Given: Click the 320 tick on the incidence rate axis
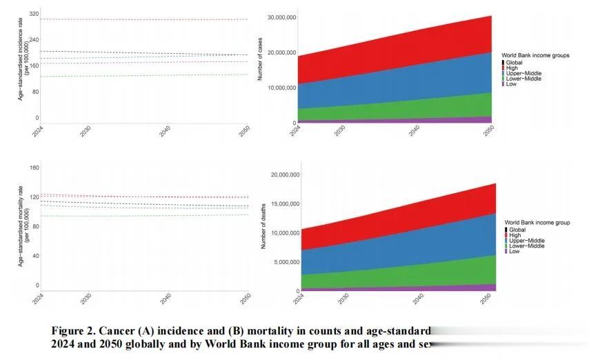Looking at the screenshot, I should [x=34, y=14].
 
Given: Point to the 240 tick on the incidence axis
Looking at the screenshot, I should [x=34, y=40].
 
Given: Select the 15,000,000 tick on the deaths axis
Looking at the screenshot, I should [x=280, y=204].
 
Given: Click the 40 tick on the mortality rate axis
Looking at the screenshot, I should [x=35, y=256].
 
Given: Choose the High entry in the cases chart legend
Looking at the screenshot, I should [x=512, y=68].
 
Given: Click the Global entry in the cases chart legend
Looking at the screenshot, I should [x=515, y=63].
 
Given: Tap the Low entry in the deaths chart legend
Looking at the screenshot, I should [x=515, y=252].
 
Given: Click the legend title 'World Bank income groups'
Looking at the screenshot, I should [x=535, y=54].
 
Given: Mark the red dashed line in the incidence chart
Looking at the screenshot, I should [x=138, y=19].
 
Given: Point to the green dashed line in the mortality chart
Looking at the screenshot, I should [x=138, y=216].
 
